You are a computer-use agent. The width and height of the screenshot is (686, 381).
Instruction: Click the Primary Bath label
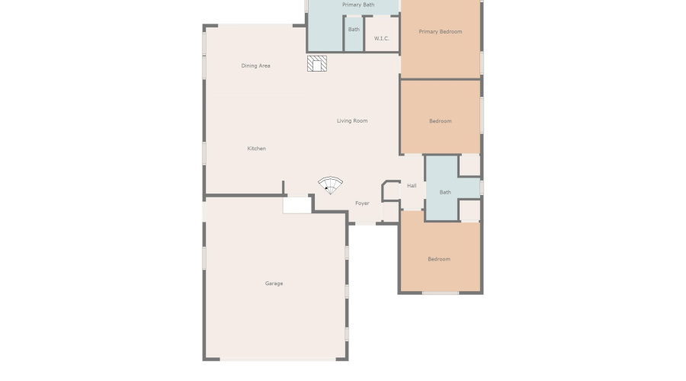[357, 5]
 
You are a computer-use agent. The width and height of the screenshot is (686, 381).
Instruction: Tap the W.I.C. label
[381, 38]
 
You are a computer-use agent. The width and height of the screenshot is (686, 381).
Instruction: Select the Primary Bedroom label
[441, 32]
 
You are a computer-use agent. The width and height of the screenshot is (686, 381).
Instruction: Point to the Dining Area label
[255, 66]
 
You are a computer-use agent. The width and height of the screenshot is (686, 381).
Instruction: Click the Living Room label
[352, 120]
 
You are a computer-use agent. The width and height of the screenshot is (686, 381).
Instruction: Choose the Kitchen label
[257, 149]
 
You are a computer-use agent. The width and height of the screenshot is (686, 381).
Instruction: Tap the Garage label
[274, 283]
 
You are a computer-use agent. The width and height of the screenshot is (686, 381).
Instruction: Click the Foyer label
[362, 203]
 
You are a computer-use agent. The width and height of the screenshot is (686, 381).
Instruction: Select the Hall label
[412, 185]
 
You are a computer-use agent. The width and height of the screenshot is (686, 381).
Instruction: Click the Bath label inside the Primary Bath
[354, 30]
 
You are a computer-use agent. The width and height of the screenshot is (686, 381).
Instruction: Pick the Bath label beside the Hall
[445, 192]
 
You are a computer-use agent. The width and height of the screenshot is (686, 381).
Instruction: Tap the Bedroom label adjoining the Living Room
[440, 121]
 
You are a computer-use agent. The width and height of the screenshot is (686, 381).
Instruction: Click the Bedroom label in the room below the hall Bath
[438, 259]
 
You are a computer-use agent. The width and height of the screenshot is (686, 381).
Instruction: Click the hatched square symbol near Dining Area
[317, 63]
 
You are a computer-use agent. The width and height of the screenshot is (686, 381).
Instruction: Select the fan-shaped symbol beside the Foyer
[330, 185]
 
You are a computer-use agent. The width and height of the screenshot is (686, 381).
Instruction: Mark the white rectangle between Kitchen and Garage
[297, 204]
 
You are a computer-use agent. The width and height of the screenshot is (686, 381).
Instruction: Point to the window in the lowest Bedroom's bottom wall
[441, 293]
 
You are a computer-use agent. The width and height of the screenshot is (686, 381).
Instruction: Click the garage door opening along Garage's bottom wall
[276, 359]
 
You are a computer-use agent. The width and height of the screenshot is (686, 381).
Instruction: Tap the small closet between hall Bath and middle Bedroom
[470, 165]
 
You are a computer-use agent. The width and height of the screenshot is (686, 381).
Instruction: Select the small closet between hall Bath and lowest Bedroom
[470, 210]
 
